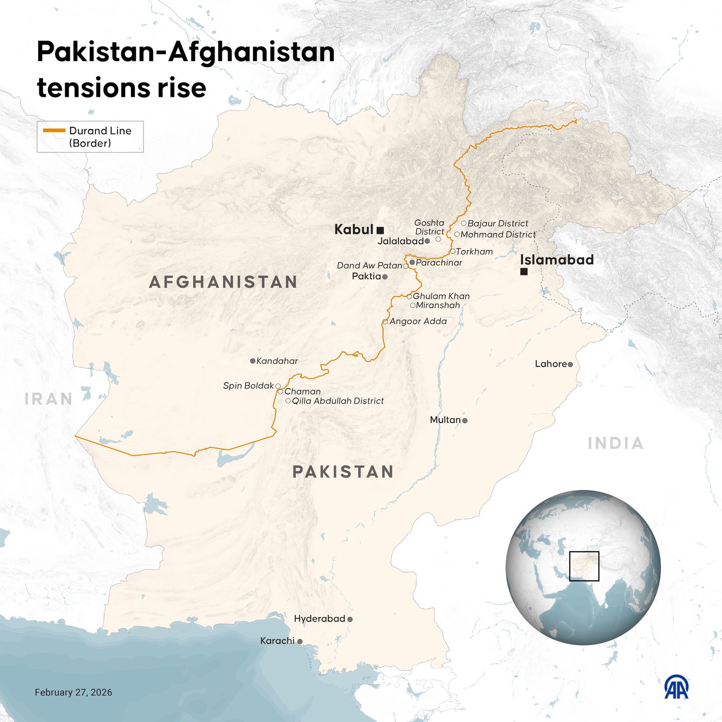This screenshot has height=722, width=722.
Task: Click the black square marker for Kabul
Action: [380, 231]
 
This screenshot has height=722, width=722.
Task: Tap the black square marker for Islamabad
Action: [524, 272]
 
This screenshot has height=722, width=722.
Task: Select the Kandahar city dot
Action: [253, 361]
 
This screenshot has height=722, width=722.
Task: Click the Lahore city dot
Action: [570, 365]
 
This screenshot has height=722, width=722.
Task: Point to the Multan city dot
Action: [465, 421]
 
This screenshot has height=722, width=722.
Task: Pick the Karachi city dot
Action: [300, 641]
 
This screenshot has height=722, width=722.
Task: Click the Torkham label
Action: [474, 252]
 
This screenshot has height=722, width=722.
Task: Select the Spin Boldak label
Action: [248, 386]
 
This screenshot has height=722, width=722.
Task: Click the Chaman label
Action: [302, 392]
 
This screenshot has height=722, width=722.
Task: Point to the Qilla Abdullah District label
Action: [338, 401]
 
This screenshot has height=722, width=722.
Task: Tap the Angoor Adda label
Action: [418, 321]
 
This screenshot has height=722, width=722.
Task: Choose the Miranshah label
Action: [438, 305]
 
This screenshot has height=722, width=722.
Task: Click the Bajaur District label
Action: [498, 224]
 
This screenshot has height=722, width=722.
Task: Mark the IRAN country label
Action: [49, 399]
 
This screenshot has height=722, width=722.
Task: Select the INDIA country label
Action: [616, 443]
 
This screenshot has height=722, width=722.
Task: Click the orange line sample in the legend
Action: [54, 130]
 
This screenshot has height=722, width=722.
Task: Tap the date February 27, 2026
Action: [73, 692]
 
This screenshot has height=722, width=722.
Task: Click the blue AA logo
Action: [676, 687]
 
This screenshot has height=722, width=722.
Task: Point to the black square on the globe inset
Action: [584, 566]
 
